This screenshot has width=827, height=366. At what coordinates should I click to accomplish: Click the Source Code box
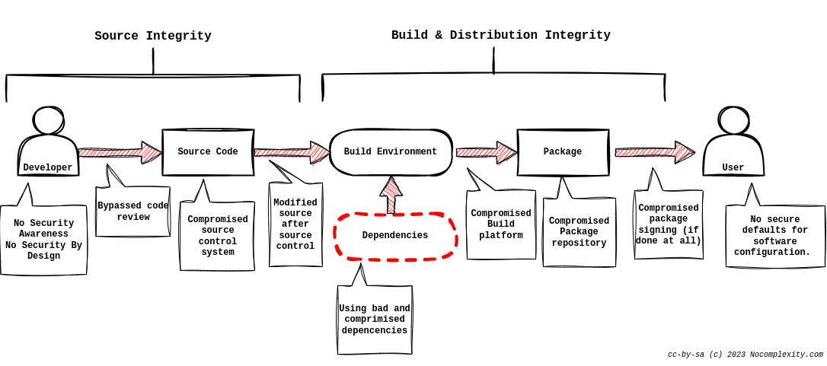point(208,152)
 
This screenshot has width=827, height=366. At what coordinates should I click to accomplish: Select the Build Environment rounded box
point(391,152)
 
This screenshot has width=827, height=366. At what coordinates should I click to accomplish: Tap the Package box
point(563,152)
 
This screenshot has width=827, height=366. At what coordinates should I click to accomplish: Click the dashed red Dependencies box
point(395,236)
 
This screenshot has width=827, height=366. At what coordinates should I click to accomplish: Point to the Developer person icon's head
point(48,121)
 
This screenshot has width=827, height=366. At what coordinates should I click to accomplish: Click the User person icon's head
point(733,121)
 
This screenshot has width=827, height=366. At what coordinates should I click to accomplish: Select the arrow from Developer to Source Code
point(120,152)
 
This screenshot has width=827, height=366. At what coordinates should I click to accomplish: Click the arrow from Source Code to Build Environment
point(292,152)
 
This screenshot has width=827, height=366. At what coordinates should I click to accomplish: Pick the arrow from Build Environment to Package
point(487,152)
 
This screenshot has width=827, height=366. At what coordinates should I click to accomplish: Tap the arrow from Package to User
point(655,152)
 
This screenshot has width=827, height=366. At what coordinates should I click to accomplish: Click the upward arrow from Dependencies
point(391,195)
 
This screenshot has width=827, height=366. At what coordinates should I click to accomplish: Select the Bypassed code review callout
point(133,211)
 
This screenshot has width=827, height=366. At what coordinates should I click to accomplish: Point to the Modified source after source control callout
point(295,224)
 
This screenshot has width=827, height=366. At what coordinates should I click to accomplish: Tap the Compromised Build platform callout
point(501,224)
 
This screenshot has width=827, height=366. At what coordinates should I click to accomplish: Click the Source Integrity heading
point(153,36)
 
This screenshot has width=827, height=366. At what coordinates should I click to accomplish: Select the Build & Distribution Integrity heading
point(500,35)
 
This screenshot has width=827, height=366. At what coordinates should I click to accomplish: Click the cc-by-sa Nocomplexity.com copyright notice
point(746,355)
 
